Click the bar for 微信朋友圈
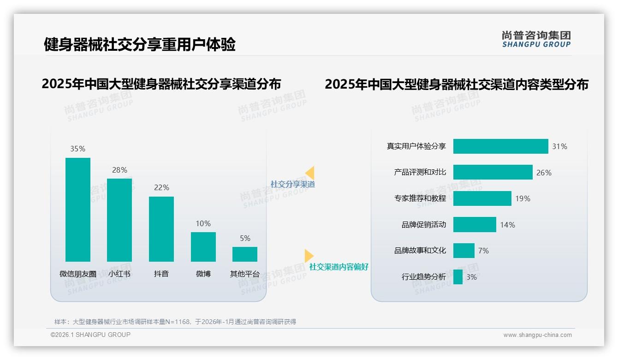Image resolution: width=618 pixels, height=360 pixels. point(78,210)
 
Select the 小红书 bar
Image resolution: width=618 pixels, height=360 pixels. point(119,220)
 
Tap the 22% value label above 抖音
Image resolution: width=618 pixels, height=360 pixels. point(161,187)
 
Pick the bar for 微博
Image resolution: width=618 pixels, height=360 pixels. point(203,246)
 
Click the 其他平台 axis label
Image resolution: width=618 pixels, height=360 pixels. point(245,274)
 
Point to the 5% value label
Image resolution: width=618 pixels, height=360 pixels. point(245,238)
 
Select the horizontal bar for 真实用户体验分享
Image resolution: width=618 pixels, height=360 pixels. point(500,146)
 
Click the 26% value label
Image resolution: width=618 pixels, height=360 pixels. point(544,173)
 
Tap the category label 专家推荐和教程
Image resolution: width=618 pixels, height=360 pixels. point(420,198)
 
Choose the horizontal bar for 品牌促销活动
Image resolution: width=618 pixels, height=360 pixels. point(475,225)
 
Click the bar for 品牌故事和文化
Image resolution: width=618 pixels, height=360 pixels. point(463,251)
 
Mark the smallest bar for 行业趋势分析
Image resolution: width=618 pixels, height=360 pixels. point(458,277)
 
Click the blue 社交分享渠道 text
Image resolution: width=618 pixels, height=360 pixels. point(292,184)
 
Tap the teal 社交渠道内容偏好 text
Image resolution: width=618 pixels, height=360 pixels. point(339,267)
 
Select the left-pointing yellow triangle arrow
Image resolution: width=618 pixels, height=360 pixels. point(310,173)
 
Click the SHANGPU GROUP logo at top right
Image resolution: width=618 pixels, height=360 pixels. point(536,39)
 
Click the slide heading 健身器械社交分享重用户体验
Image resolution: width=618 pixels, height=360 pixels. point(140,44)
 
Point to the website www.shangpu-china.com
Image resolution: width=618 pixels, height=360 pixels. point(537,335)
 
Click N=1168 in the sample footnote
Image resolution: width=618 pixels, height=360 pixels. point(178,322)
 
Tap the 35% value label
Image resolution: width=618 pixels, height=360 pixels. point(78,149)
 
